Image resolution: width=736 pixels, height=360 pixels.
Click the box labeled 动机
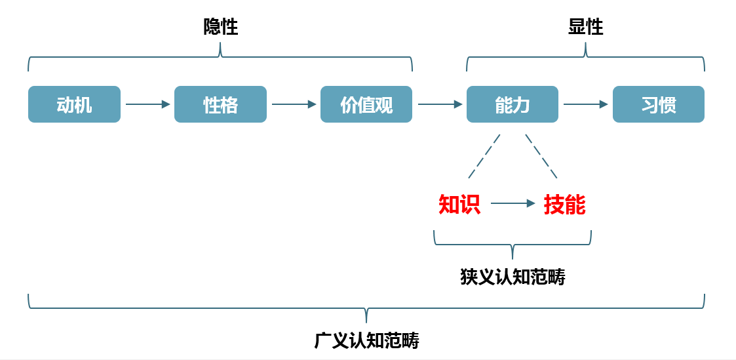[x=74, y=104]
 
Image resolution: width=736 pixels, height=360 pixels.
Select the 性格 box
[x=220, y=104]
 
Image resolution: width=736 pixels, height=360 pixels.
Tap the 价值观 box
[x=366, y=104]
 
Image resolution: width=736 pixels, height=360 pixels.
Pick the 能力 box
[x=513, y=104]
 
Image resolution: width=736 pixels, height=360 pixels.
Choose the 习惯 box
[x=659, y=104]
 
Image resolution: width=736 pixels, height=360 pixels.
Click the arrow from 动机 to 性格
[x=147, y=104]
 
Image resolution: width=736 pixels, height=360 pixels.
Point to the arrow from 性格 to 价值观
[x=294, y=104]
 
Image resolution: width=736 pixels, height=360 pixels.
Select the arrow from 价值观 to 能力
[x=440, y=104]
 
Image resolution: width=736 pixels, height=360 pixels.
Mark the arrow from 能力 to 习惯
[x=585, y=104]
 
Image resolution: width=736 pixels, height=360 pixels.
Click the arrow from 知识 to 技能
[x=513, y=204]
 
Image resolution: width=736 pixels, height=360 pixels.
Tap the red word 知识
[x=459, y=205]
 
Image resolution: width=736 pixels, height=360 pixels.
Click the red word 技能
[x=564, y=205]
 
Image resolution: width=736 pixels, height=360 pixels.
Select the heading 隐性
[x=220, y=27]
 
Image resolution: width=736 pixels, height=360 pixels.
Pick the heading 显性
[x=585, y=27]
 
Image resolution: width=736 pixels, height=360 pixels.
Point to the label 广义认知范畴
[x=366, y=341]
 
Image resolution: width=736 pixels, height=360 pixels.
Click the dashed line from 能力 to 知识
[x=484, y=156]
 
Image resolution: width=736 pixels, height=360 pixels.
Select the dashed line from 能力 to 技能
[x=541, y=156]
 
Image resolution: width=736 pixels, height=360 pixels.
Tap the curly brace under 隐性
[x=220, y=57]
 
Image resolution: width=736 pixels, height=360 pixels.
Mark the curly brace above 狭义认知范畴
[x=513, y=244]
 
